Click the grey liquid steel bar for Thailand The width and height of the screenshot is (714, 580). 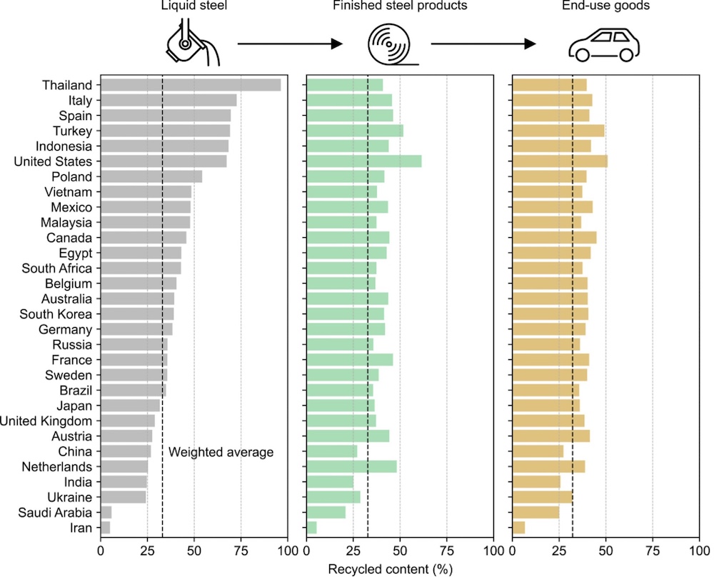190,85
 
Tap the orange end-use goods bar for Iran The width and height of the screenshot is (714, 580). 519,527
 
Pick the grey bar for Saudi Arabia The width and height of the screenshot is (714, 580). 106,512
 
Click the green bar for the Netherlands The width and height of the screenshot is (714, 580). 351,466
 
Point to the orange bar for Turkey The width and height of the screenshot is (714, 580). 558,131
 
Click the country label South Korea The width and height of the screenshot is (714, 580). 56,314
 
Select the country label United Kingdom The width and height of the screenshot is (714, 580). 46,421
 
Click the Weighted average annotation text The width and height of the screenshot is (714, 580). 221,452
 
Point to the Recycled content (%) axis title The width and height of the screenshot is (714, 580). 399,570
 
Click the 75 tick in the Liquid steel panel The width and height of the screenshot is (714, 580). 241,551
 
